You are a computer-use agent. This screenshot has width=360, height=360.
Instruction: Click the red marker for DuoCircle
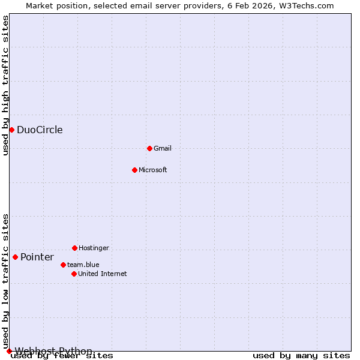[11, 130]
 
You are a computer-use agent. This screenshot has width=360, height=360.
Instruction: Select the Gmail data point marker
[149, 148]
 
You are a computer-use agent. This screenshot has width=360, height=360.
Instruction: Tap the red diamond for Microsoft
[134, 170]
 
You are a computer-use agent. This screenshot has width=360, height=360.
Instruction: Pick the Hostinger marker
[74, 248]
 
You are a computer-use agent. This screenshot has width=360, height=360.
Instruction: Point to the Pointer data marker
[15, 257]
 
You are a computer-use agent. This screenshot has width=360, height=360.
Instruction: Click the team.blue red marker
[63, 265]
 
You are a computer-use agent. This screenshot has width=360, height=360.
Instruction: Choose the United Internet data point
[74, 274]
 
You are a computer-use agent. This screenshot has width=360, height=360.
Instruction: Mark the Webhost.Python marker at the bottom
[9, 351]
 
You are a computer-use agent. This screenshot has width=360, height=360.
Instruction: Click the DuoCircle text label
[40, 130]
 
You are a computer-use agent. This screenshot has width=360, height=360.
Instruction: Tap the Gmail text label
[163, 148]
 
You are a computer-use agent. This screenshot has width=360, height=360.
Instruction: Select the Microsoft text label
[153, 170]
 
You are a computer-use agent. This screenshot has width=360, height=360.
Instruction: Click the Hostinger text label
[94, 248]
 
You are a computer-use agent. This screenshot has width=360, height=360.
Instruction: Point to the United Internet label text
[103, 274]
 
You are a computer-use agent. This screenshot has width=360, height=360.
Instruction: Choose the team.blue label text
[83, 265]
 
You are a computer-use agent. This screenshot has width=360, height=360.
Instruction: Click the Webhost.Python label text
[53, 351]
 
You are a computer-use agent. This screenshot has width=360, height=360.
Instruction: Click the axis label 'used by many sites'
[301, 356]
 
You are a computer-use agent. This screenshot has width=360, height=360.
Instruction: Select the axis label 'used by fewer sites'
[62, 356]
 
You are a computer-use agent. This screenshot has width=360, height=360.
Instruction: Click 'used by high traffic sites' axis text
[5, 85]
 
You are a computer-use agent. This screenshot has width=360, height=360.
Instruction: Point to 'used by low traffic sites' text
[5, 281]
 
